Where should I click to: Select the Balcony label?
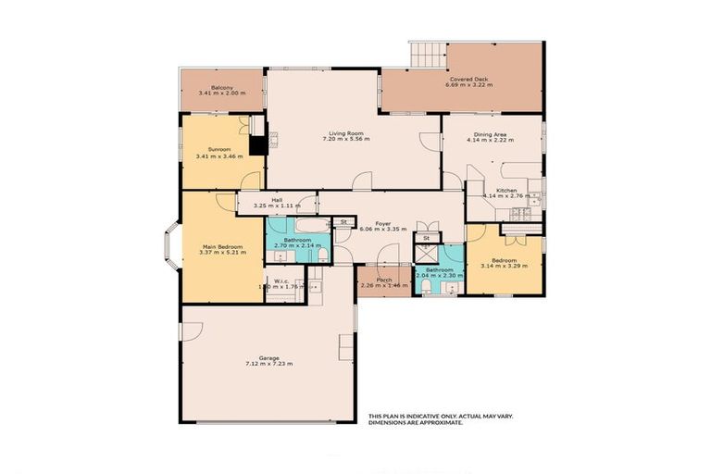(x=219, y=86)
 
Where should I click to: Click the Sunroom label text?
(x=218, y=149)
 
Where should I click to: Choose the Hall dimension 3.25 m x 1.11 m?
(x=277, y=206)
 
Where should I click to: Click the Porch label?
(x=383, y=279)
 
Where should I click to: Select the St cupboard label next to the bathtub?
(x=342, y=222)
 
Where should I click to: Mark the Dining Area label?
(x=490, y=134)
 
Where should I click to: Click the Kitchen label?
(x=505, y=191)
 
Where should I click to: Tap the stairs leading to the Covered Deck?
(x=427, y=55)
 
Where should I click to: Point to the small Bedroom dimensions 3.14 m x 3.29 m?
(x=505, y=268)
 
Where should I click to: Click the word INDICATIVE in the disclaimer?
(x=427, y=416)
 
